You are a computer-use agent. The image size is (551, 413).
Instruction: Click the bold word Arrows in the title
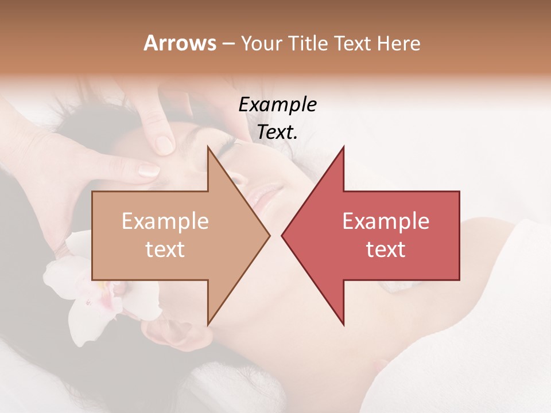[x=180, y=43]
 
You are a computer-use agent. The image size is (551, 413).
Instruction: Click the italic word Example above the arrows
[x=277, y=104]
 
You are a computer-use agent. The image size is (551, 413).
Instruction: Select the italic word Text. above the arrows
[x=277, y=132]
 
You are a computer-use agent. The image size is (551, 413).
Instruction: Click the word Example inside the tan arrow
[x=165, y=221]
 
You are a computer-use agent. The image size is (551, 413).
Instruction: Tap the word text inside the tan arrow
[x=165, y=249]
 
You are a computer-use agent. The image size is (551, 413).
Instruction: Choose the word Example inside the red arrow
[x=386, y=221]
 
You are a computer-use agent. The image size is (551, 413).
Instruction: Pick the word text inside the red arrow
[x=386, y=249]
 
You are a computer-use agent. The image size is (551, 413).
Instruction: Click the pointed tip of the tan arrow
[x=269, y=235]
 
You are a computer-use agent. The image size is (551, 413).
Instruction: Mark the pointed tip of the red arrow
[x=282, y=235]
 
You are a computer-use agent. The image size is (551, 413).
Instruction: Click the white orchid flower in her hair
[x=86, y=287]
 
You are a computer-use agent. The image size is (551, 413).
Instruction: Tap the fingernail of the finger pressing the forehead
[x=149, y=169]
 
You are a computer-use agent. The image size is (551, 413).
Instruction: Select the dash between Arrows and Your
[x=228, y=44]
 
